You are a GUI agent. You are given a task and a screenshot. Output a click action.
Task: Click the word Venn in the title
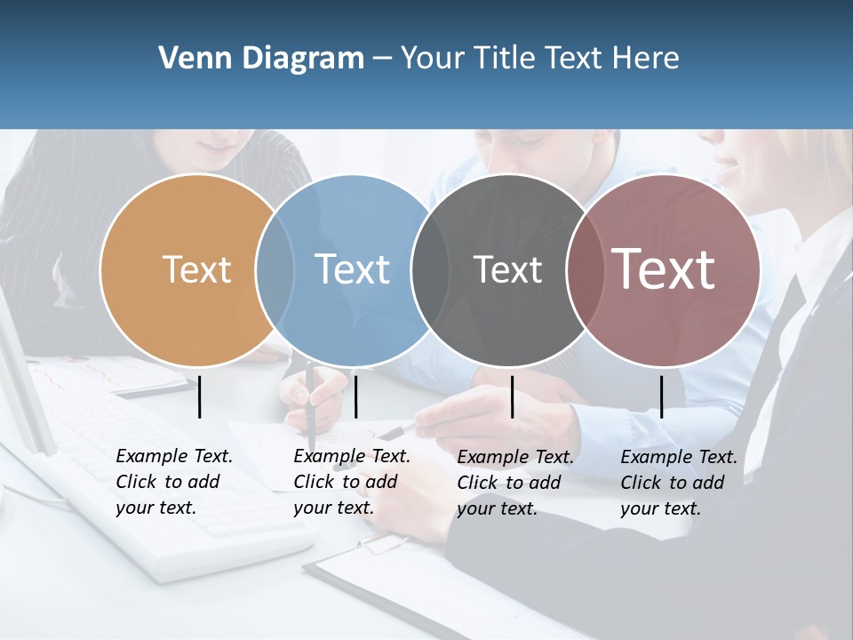pos(188,59)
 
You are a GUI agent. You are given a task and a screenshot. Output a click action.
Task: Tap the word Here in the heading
pos(646,59)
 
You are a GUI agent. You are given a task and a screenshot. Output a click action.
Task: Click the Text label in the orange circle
pos(196,269)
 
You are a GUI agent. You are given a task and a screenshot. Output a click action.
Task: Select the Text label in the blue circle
pos(352,269)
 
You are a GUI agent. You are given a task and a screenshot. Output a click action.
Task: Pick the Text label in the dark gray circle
pos(507,269)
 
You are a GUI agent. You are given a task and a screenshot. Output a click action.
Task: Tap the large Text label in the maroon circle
pos(664,269)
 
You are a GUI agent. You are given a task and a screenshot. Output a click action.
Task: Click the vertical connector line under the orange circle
pos(200,396)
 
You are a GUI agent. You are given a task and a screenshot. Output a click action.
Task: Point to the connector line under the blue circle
pos(355,396)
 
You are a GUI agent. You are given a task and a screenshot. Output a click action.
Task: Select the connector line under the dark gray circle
pos(513,396)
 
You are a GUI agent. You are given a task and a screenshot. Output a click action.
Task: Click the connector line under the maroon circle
pos(661,396)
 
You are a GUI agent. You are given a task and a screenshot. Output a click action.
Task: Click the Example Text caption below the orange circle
pos(174,482)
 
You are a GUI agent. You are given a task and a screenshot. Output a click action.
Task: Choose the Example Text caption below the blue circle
pos(352,482)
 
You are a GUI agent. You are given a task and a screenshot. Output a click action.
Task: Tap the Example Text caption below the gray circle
pos(515,483)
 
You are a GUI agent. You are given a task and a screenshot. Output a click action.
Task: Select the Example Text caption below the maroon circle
pos(679,483)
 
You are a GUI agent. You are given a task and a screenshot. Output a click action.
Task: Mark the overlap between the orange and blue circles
pos(275,269)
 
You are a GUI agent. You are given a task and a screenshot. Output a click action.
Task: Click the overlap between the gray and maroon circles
pos(581,269)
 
